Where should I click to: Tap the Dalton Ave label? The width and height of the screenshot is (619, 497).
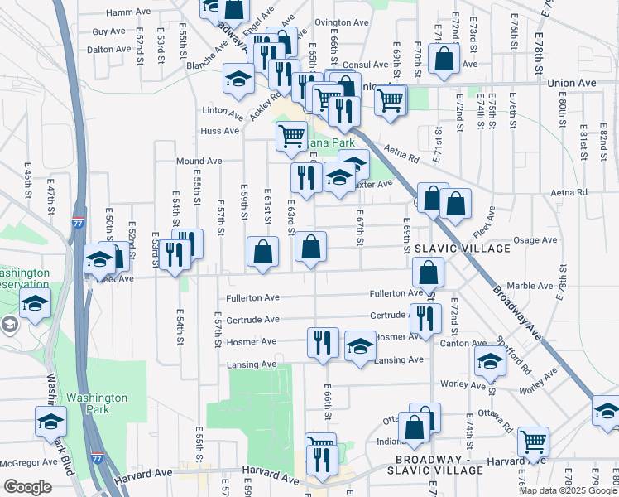coord(111,49)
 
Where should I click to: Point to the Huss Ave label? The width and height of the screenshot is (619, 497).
coord(219,131)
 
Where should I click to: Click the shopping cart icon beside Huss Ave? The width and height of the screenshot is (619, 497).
coord(291,134)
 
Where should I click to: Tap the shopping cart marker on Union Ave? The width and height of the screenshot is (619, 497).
coord(390,102)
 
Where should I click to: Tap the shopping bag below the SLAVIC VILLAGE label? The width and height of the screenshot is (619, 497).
coord(428,272)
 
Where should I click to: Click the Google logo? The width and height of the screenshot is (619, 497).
coord(27,487)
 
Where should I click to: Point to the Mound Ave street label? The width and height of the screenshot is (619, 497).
coord(199,161)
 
